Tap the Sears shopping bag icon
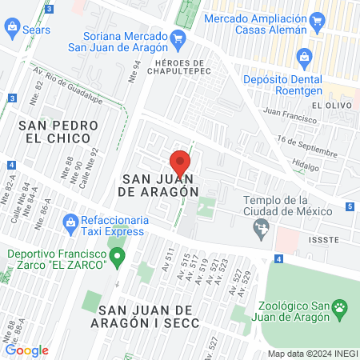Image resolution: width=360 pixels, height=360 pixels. tap(12, 29)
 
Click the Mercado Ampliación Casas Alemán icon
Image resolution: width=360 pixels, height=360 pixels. tap(318, 22)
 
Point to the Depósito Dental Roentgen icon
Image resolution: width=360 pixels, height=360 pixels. tap(304, 56)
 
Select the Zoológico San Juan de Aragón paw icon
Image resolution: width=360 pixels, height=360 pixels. tap(342, 306)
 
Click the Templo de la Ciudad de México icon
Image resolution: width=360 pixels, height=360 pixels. tap(261, 230)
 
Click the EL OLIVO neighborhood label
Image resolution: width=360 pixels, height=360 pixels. tap(328, 105)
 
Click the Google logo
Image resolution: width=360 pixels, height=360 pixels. tap(26, 350)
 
